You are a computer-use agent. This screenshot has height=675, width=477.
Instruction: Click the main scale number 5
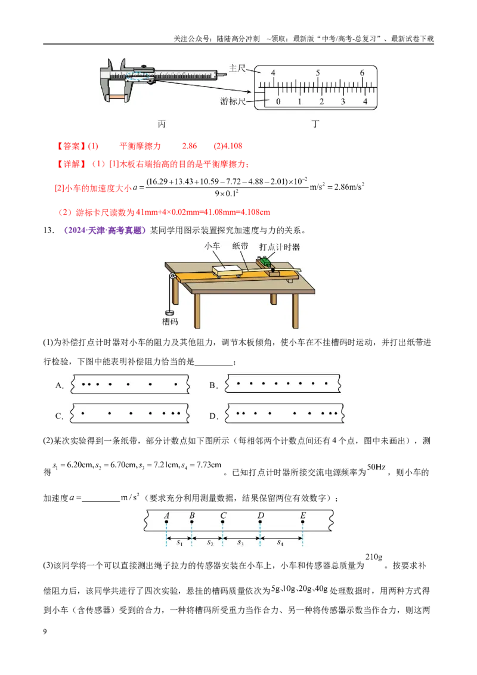(x=318, y=73)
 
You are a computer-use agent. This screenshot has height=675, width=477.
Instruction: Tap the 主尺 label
(x=237, y=69)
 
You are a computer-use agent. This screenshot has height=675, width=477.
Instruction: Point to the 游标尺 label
(x=233, y=101)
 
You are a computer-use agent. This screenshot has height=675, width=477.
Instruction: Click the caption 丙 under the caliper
(x=162, y=124)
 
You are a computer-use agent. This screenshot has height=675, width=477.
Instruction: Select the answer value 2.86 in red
(x=190, y=146)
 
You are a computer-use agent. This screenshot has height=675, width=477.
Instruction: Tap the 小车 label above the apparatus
(x=212, y=246)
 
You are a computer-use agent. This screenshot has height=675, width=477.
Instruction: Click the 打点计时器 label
(x=280, y=247)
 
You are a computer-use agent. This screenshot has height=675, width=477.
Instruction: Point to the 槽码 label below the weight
(x=169, y=321)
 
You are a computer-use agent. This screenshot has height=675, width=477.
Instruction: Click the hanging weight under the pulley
(x=168, y=313)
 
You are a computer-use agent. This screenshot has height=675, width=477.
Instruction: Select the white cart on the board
(x=228, y=271)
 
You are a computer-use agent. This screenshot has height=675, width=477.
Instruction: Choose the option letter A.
(x=60, y=386)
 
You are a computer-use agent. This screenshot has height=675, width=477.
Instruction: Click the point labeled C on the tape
(x=222, y=522)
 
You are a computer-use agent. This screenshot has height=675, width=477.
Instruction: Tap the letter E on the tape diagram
(x=303, y=515)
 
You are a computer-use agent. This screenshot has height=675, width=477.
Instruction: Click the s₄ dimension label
(x=280, y=543)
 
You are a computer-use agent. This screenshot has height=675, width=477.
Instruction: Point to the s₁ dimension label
(x=179, y=543)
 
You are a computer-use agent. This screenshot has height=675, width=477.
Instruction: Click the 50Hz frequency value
(x=376, y=467)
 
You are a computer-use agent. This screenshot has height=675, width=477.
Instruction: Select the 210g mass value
(x=374, y=557)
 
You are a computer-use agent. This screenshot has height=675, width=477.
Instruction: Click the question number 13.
(x=49, y=230)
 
